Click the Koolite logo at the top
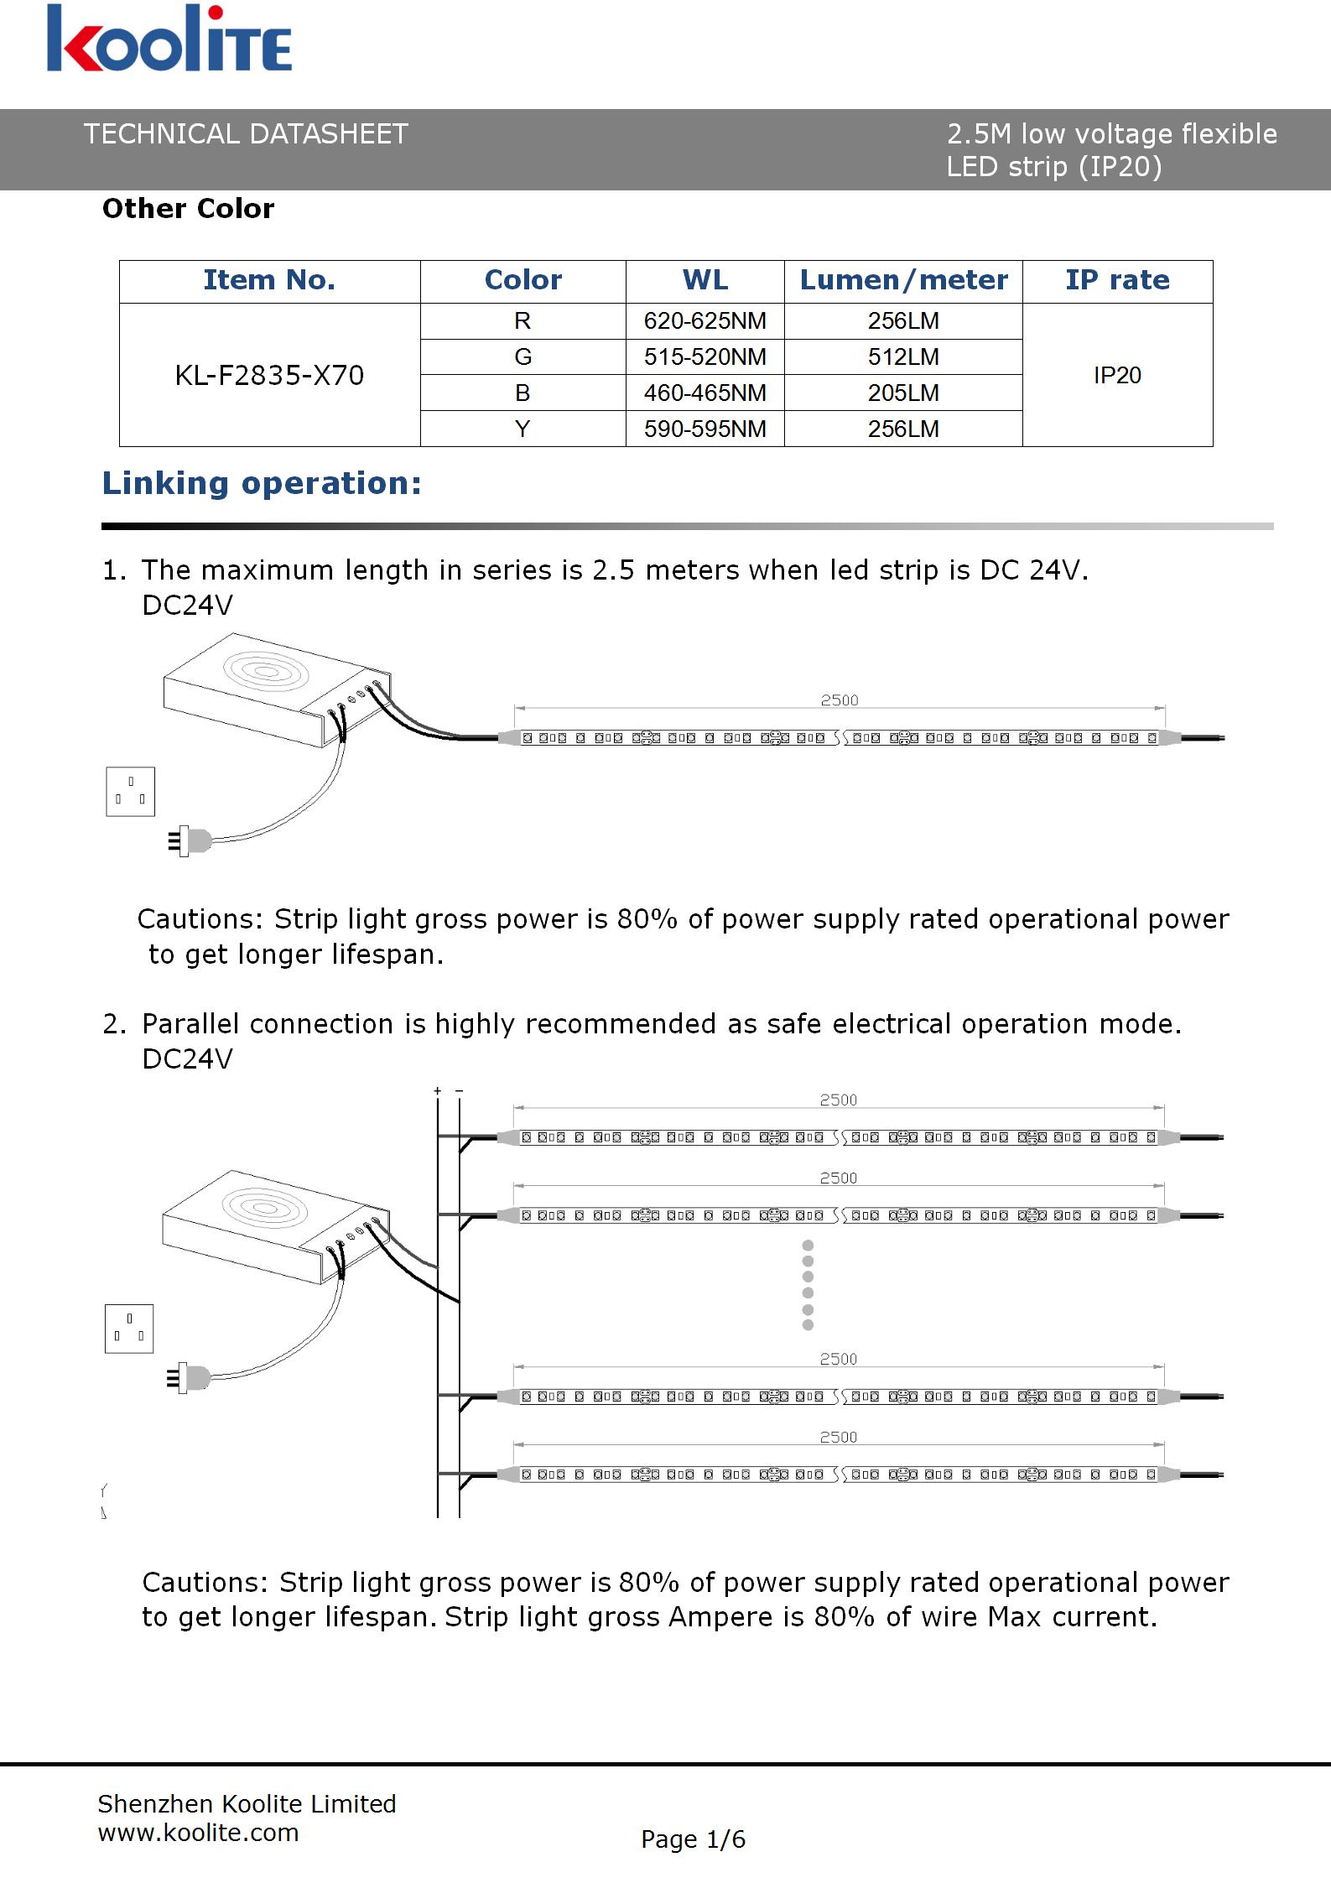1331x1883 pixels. pos(169,39)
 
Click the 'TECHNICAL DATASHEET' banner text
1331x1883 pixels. pos(246,134)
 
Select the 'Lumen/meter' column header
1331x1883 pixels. pos(903,280)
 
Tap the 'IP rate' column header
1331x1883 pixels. pos(1117,280)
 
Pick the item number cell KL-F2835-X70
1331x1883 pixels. pos(269,375)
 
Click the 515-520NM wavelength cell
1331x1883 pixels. pos(704,357)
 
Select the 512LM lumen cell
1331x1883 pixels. pos(903,357)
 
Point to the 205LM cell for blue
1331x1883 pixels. pos(903,393)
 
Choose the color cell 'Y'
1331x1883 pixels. pos(523,429)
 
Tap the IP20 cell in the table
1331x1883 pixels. pos(1117,376)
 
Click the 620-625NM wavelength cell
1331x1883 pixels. pos(704,321)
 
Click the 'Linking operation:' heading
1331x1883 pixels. pos(262,484)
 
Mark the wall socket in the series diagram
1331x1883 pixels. pos(130,791)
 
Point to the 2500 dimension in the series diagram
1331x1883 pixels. pos(839,700)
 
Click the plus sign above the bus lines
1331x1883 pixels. pos(437,1091)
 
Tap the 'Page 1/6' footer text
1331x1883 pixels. pos(693,1839)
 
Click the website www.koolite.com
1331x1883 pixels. pos(198,1833)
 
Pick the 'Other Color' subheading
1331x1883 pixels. pos(188,209)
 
